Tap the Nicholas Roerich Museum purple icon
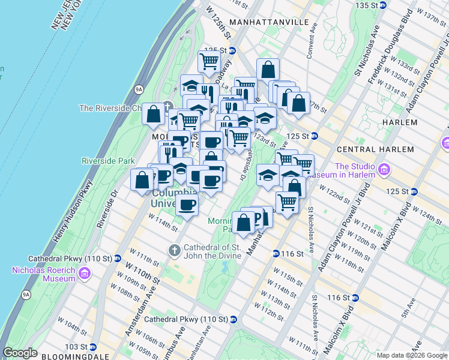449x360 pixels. [x=84, y=274]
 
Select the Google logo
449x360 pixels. [x=20, y=353]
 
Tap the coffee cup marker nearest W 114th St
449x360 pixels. [x=187, y=205]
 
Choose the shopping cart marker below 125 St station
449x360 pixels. [x=209, y=61]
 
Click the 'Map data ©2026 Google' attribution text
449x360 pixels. [x=412, y=355]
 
